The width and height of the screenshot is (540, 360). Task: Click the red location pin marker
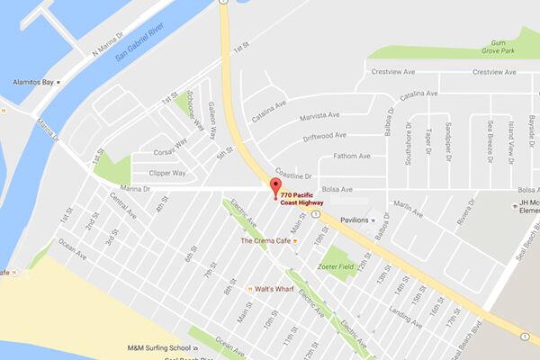(x=275, y=187)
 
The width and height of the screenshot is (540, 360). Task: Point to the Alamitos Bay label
(x=26, y=81)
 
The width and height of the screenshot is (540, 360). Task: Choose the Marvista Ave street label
(x=319, y=114)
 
